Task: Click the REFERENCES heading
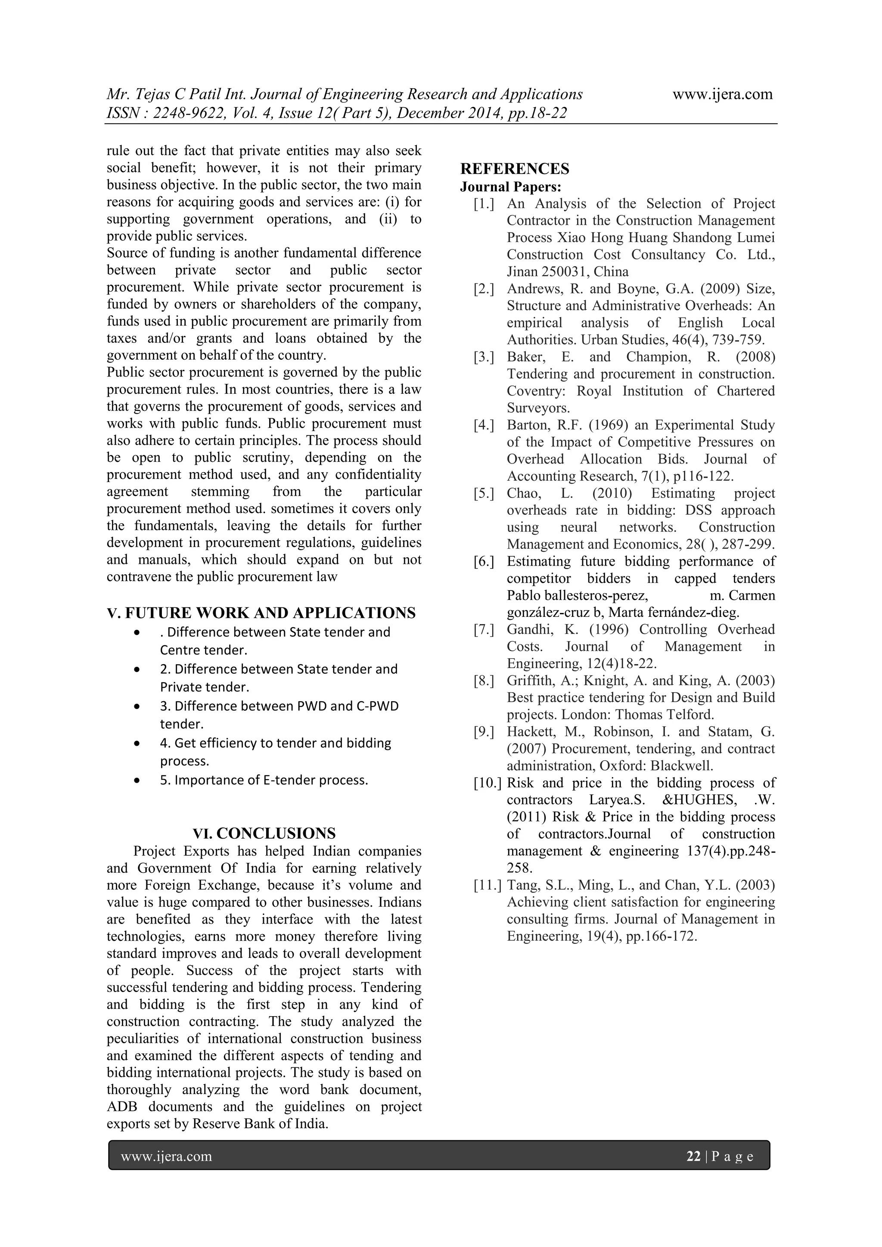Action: [514, 169]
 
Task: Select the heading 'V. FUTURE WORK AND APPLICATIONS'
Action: [261, 613]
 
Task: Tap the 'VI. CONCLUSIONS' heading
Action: [264, 833]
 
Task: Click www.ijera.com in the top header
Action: [722, 94]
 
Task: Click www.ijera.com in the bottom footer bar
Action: [166, 1156]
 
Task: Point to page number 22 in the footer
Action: [693, 1156]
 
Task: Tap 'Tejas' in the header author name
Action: [150, 94]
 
